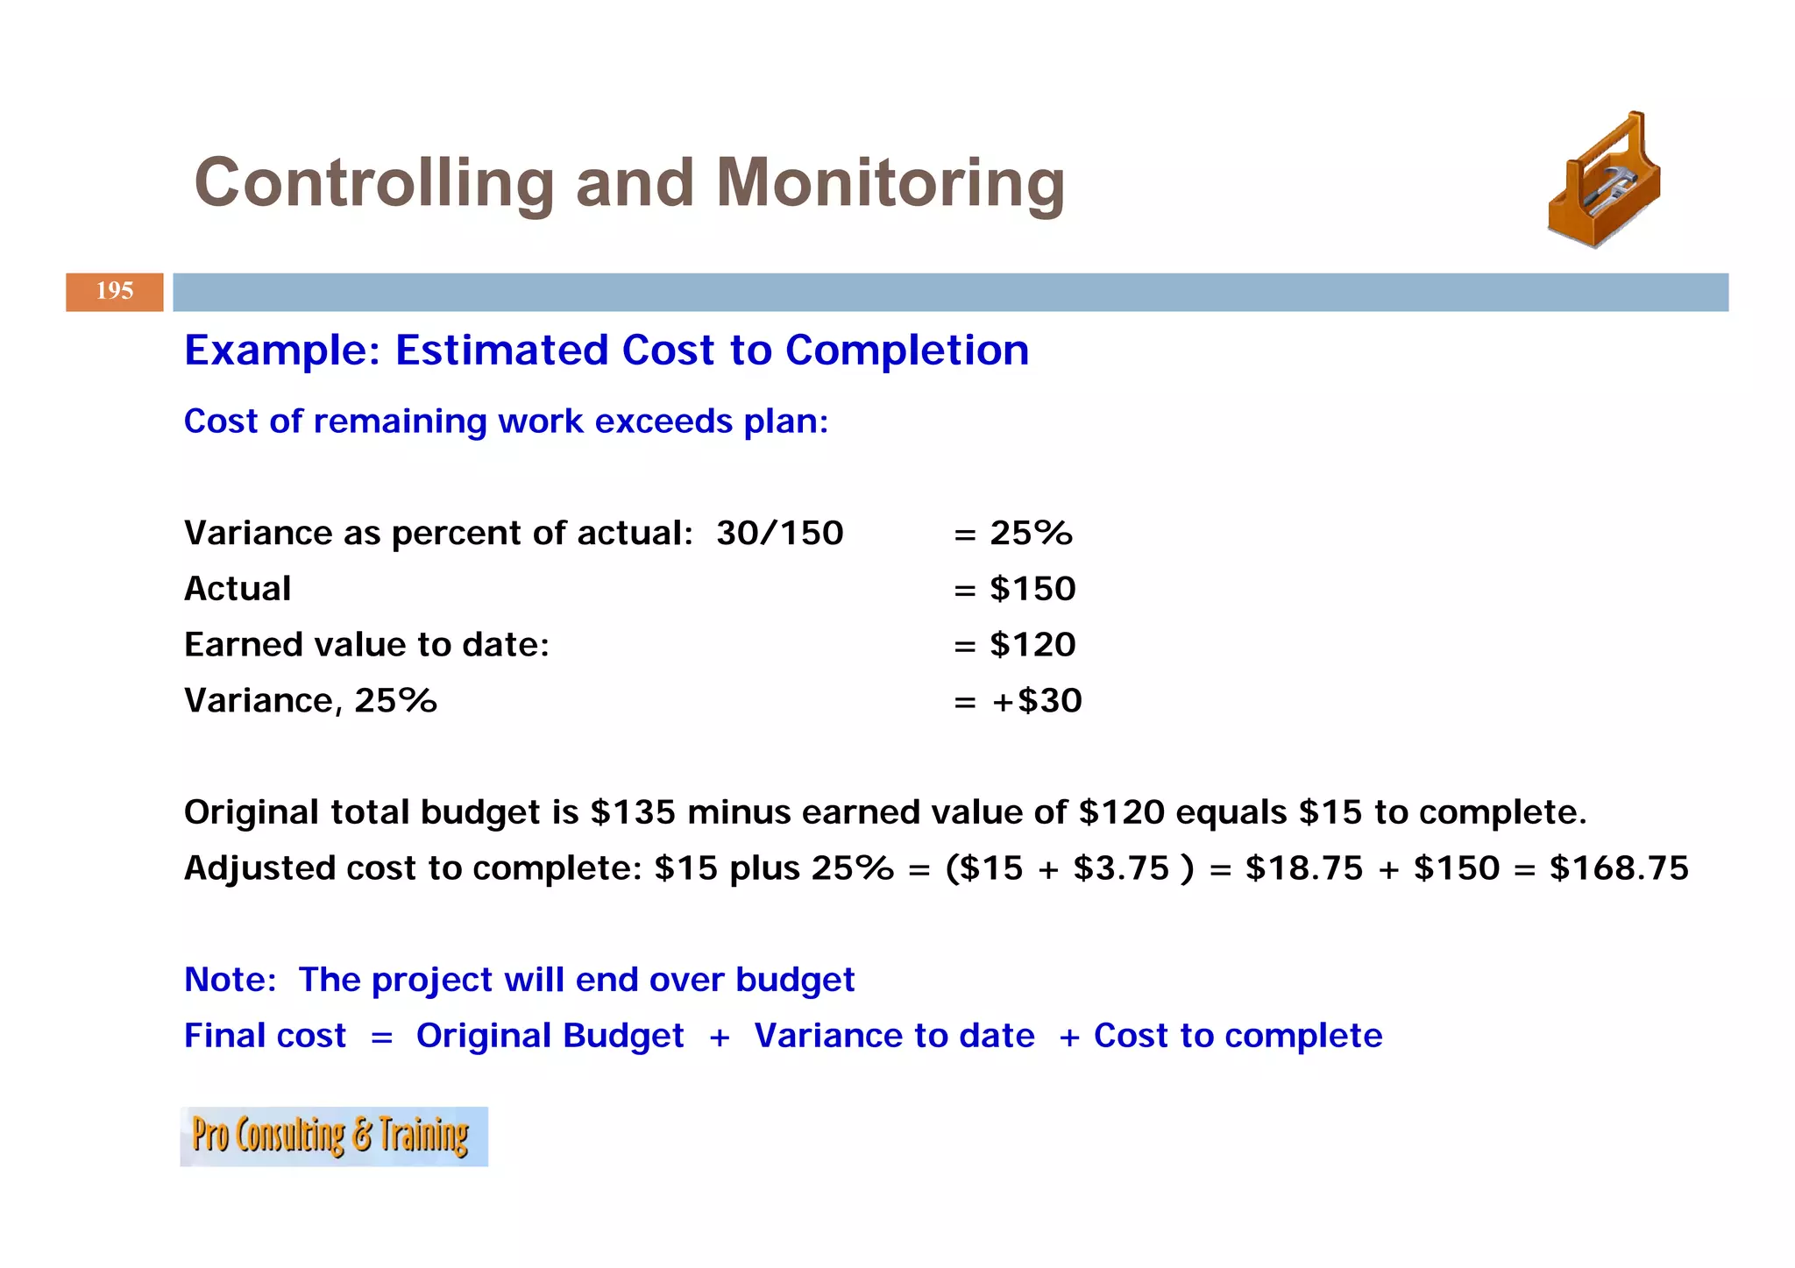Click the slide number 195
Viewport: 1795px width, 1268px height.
click(114, 292)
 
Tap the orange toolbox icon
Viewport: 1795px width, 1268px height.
click(1604, 181)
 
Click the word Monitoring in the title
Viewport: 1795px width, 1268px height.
click(890, 184)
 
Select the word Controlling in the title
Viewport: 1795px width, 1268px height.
click(374, 184)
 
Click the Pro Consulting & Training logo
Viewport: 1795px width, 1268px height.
click(333, 1136)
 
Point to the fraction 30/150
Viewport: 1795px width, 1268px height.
click(779, 534)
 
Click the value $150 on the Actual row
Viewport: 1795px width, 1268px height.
click(1032, 589)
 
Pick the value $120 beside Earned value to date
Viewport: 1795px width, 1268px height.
click(1032, 645)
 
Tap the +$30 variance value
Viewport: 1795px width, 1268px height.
click(1037, 701)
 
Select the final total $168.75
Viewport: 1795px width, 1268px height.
click(1618, 868)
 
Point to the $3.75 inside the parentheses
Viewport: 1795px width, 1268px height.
click(1121, 868)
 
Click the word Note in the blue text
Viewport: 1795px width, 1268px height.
click(230, 980)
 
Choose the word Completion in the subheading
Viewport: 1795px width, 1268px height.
click(906, 351)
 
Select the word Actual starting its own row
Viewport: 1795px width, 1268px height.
click(238, 589)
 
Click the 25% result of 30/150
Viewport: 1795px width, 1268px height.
click(1031, 534)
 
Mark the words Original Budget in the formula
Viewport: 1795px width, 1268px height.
click(550, 1036)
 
